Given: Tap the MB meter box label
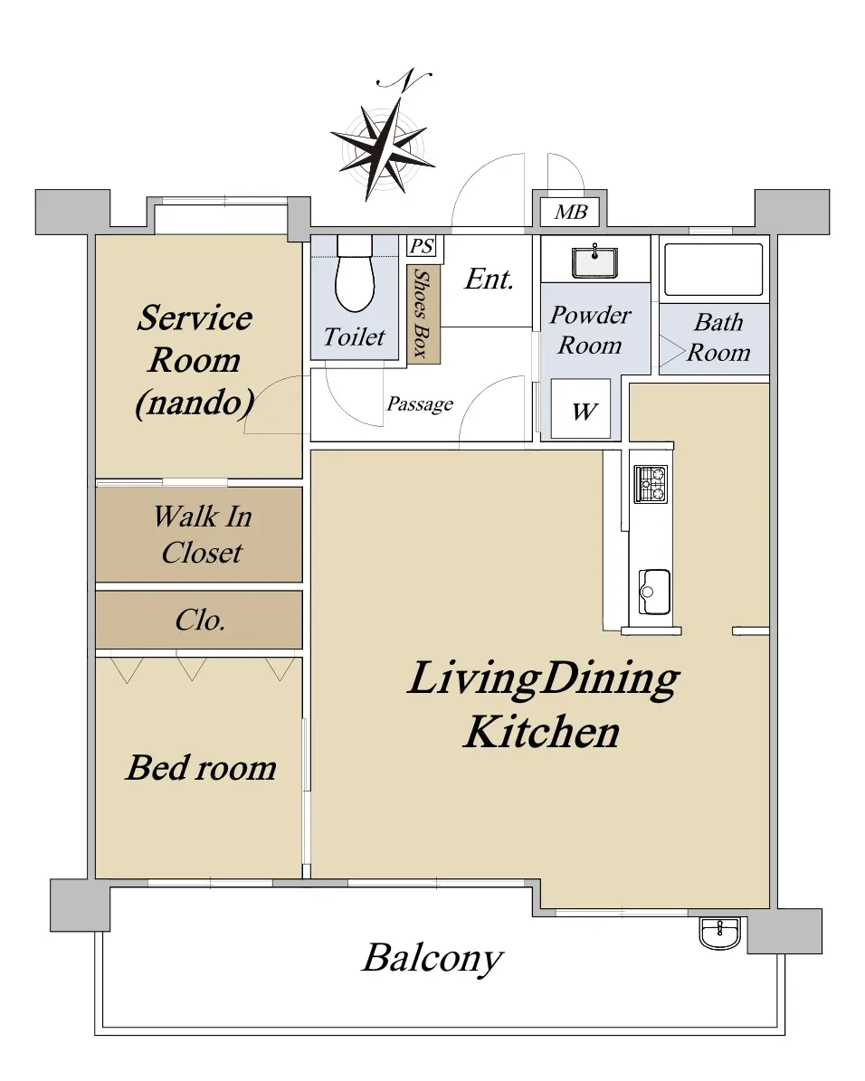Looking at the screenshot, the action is point(571,212).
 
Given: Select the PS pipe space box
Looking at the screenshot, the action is point(422,246).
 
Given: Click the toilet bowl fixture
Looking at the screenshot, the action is point(355,274).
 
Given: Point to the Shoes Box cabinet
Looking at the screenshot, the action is point(423,315).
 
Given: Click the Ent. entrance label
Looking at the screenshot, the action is point(490,280).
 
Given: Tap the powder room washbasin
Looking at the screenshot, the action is point(594,261).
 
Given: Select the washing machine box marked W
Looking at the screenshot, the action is point(581,409).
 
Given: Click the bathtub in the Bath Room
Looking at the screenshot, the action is point(713,270).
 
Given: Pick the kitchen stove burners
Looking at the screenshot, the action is point(651,484).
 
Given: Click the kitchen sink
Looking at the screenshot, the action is point(653,592).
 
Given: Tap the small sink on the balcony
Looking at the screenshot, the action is point(719,934).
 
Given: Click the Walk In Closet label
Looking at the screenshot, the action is point(202,535).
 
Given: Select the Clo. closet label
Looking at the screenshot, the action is point(200,621).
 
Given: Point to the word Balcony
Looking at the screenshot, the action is point(432,958).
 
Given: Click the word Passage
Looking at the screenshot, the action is point(420,404).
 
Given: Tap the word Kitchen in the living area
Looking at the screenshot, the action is point(542,732).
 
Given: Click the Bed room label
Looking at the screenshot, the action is point(202,768).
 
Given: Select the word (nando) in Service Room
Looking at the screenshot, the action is point(195,403).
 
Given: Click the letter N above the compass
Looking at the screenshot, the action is point(405,80).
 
